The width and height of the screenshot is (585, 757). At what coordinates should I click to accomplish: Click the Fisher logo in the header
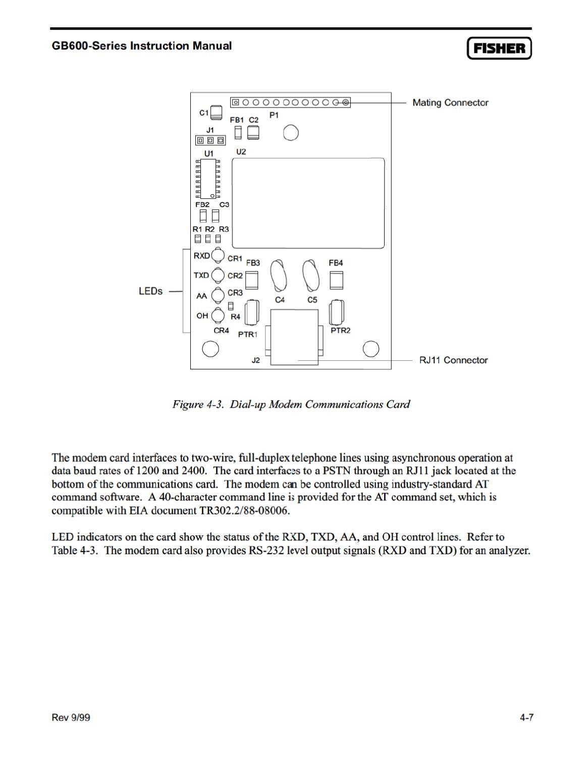(499, 48)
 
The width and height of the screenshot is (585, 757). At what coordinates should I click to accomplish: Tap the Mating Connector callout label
(450, 103)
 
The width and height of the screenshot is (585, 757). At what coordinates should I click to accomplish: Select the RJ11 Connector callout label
(453, 360)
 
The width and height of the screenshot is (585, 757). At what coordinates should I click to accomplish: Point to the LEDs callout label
(150, 292)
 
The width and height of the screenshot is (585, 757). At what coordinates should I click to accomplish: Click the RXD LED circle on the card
(218, 256)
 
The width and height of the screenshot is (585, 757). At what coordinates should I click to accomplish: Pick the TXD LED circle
(218, 275)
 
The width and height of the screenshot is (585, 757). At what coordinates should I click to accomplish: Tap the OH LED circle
(218, 315)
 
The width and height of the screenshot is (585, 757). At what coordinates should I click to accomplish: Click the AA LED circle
(218, 295)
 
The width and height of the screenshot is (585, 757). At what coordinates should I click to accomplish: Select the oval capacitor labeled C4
(279, 276)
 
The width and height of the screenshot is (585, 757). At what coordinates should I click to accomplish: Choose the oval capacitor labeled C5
(311, 276)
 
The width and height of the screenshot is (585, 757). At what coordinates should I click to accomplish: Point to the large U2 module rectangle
(308, 203)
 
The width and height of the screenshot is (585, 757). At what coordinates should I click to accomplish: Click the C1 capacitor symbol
(217, 113)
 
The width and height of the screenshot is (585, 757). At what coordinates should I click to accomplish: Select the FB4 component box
(336, 280)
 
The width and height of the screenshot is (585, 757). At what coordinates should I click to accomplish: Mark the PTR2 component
(337, 313)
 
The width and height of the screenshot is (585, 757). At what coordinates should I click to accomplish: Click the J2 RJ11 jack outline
(295, 337)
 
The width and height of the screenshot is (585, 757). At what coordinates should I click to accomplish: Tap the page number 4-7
(526, 718)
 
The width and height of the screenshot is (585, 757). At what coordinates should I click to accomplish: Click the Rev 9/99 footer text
(71, 718)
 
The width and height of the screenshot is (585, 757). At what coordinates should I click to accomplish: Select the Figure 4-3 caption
(291, 404)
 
